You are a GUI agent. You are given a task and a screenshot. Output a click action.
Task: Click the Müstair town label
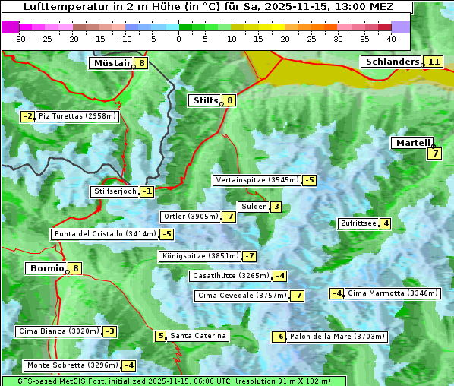[111, 63]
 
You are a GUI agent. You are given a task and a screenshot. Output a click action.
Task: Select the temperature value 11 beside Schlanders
[434, 62]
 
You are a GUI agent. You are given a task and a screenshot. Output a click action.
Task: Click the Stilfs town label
[204, 100]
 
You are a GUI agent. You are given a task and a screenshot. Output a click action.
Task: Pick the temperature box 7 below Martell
[434, 153]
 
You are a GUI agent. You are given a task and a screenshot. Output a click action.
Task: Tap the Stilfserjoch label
[115, 191]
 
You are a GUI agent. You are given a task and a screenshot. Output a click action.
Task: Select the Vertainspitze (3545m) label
[257, 180]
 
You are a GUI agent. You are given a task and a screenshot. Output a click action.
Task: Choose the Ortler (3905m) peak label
[191, 217]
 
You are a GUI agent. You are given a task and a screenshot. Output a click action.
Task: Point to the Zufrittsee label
[358, 223]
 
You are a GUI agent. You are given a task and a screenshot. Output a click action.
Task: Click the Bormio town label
[46, 268]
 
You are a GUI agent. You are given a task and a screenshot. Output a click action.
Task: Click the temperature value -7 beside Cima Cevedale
[297, 296]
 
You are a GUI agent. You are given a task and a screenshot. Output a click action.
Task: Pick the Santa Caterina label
[197, 336]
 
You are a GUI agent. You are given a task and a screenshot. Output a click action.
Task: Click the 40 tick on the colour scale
[391, 39]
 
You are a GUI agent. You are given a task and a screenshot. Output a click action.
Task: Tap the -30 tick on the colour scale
[20, 39]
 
